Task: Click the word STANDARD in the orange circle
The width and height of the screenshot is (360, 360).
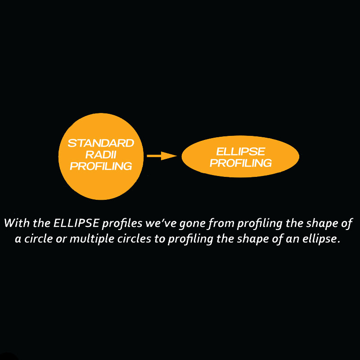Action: click(100, 144)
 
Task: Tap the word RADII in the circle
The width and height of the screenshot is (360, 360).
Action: click(100, 155)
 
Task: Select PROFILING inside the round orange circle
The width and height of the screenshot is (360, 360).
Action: click(101, 166)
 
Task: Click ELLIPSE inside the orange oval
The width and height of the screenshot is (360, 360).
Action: click(240, 152)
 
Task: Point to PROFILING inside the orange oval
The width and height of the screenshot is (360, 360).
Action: click(240, 163)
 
